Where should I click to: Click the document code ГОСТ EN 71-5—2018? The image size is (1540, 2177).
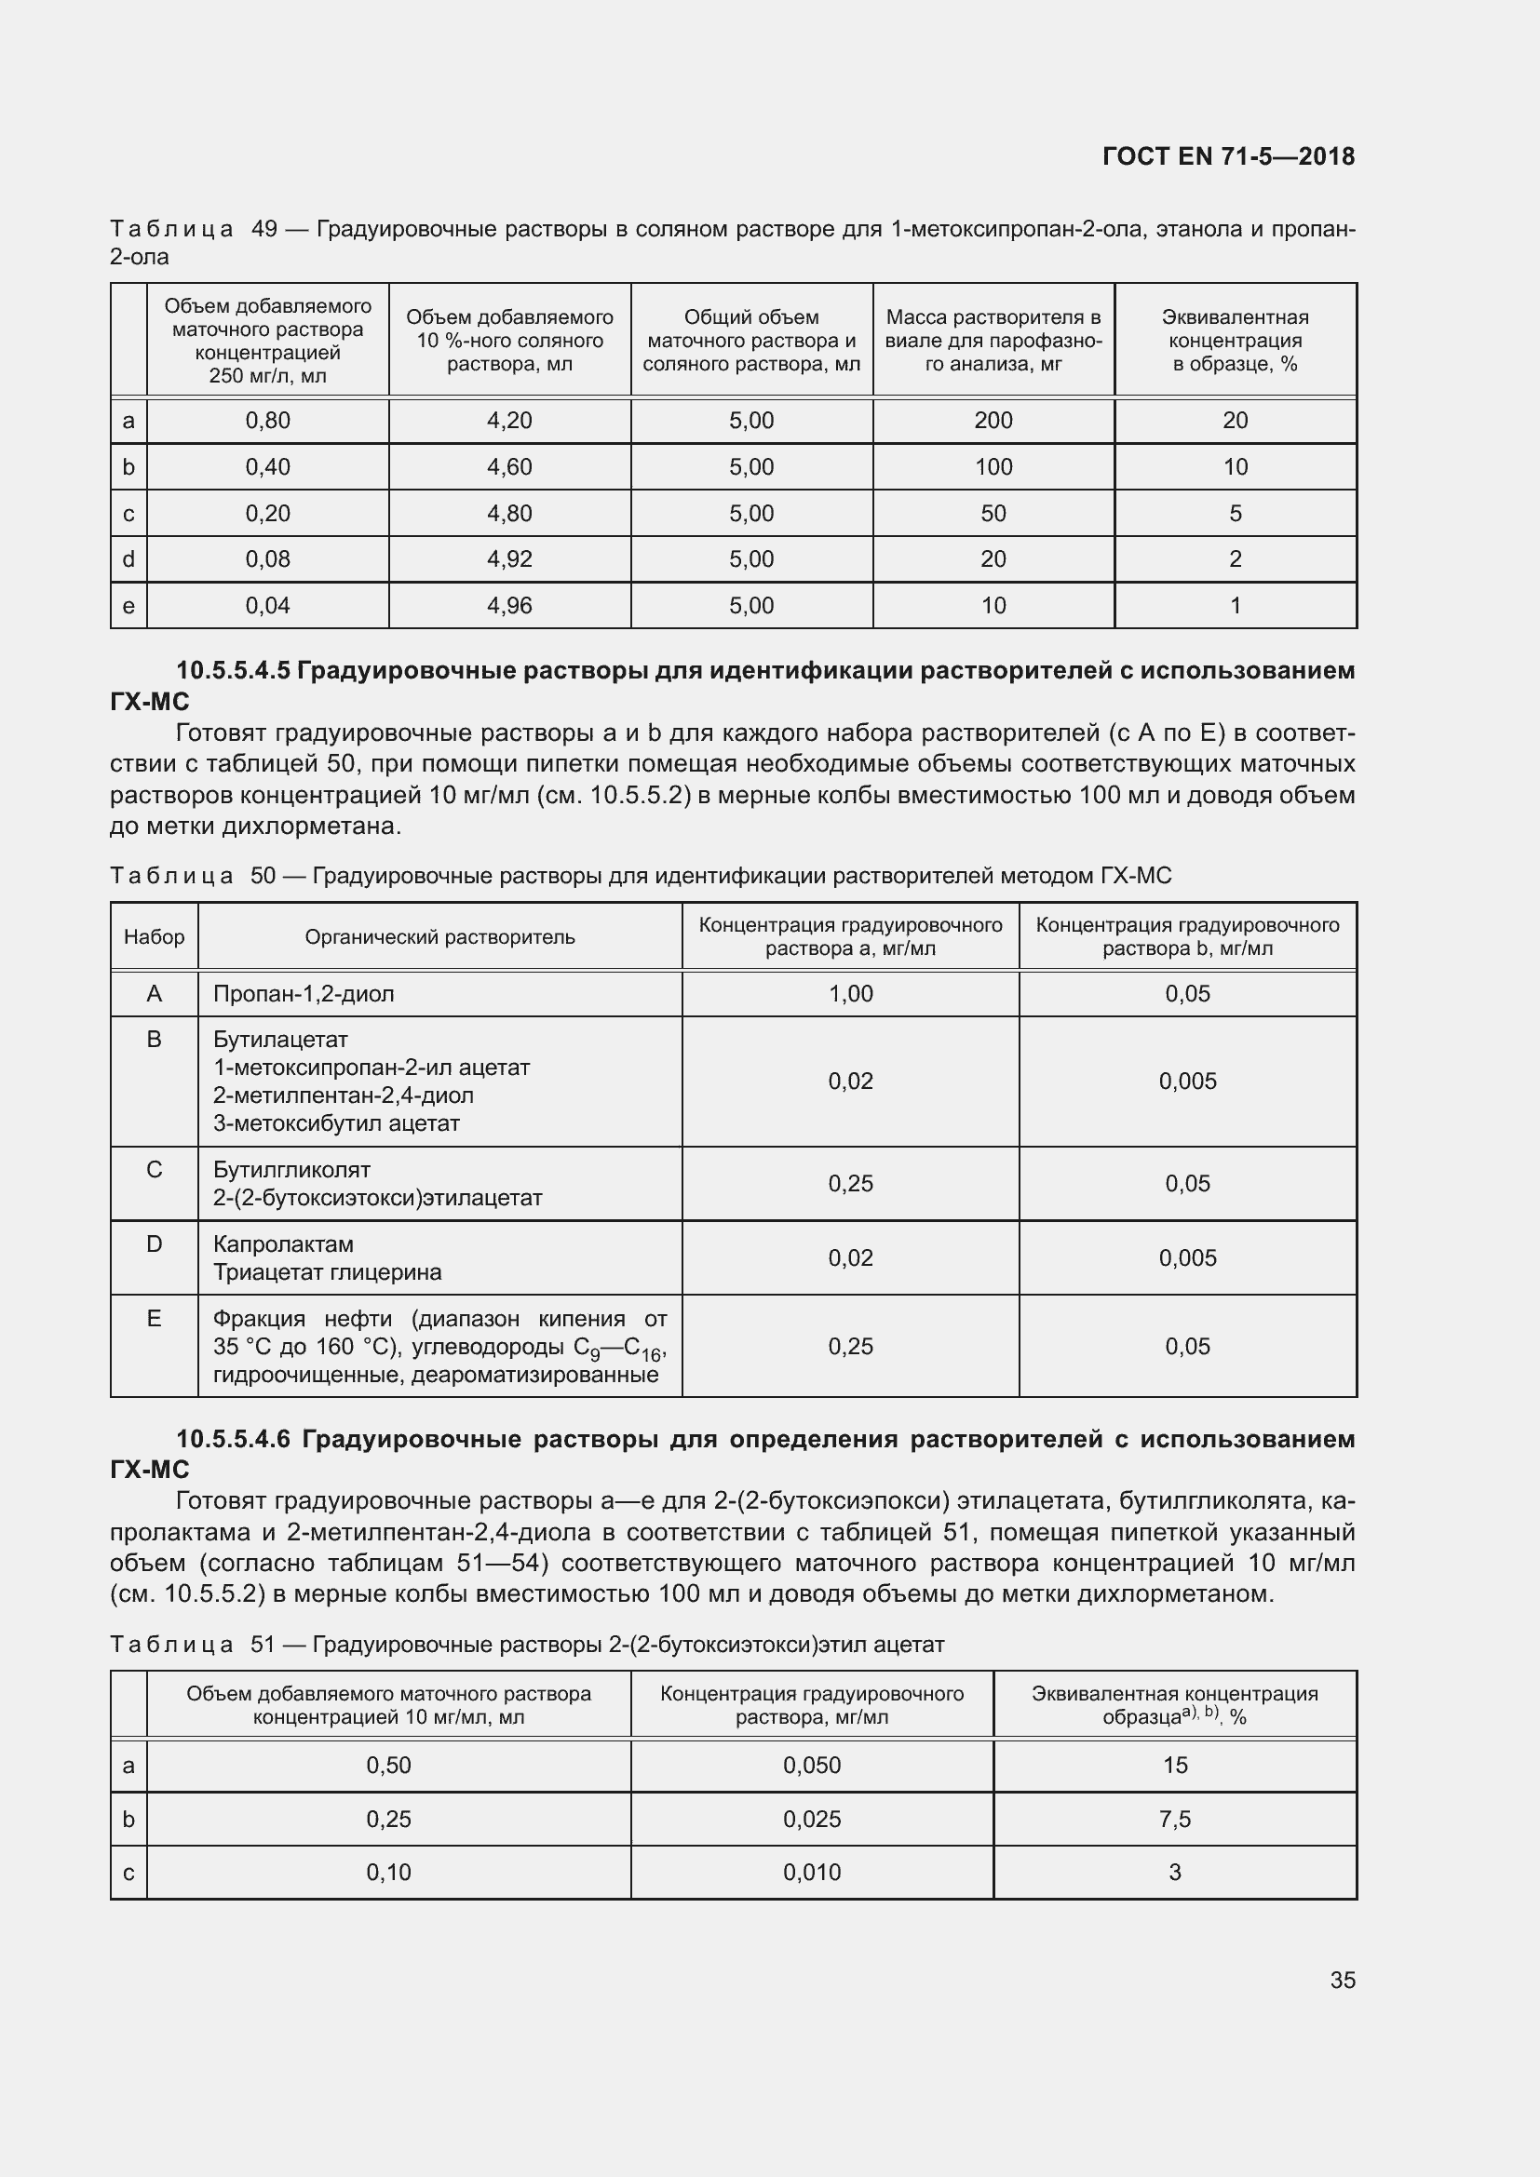click(1228, 156)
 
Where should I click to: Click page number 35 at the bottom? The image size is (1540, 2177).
click(1342, 1980)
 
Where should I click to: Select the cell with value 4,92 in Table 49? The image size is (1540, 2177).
click(509, 559)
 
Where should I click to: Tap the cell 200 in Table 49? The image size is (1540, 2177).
click(993, 421)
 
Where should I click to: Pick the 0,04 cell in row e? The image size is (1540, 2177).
click(267, 606)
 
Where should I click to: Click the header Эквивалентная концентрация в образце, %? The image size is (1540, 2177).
click(1235, 341)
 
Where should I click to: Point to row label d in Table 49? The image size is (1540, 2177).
click(129, 559)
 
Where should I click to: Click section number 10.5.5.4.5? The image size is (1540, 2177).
click(234, 670)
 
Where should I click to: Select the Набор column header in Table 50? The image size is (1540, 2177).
click(154, 937)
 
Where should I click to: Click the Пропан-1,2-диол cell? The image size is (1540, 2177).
click(304, 994)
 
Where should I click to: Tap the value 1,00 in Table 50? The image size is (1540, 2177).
click(850, 994)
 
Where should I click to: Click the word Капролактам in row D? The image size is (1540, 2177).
click(283, 1244)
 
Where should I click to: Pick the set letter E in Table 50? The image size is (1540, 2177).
click(154, 1318)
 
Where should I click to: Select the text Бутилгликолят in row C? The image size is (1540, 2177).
click(291, 1170)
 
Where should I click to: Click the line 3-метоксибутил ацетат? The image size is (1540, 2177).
click(336, 1123)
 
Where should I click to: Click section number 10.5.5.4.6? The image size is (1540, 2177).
click(234, 1439)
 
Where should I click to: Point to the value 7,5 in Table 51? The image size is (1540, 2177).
click(1174, 1819)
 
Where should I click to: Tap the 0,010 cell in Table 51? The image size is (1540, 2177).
click(812, 1872)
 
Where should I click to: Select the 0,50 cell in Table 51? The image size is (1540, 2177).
click(388, 1765)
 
